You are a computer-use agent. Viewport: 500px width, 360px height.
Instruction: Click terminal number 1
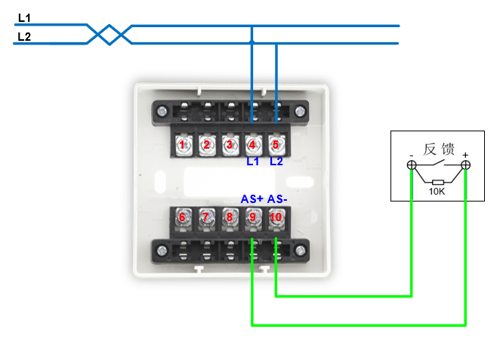pos(183,144)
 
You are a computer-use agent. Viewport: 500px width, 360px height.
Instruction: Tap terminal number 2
pos(206,144)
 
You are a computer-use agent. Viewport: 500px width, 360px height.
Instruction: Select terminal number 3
pos(229,144)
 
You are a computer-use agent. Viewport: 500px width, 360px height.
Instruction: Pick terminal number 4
pos(252,144)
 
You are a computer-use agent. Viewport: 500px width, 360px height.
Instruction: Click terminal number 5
pos(276,144)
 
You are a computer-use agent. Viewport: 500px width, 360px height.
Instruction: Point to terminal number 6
pos(182,217)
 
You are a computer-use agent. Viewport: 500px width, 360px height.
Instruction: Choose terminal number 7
pos(205,217)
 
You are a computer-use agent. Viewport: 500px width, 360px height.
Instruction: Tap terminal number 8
pos(229,217)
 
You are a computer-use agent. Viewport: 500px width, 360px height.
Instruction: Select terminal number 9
pos(252,217)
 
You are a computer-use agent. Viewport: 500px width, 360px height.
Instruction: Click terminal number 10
pos(276,217)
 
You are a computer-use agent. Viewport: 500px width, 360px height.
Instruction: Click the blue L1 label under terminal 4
pos(253,161)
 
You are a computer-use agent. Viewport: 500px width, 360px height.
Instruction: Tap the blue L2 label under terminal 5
pos(276,161)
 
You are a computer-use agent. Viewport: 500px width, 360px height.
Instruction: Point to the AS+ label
pos(252,199)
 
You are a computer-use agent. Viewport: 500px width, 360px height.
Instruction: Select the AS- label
pos(277,199)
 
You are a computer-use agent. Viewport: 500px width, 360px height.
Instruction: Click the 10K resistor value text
pos(437,192)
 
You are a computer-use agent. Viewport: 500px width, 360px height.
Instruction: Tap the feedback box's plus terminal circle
pos(465,165)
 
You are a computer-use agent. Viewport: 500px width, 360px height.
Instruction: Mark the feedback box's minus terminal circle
pos(412,165)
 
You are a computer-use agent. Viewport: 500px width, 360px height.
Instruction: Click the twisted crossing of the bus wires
pos(109,33)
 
